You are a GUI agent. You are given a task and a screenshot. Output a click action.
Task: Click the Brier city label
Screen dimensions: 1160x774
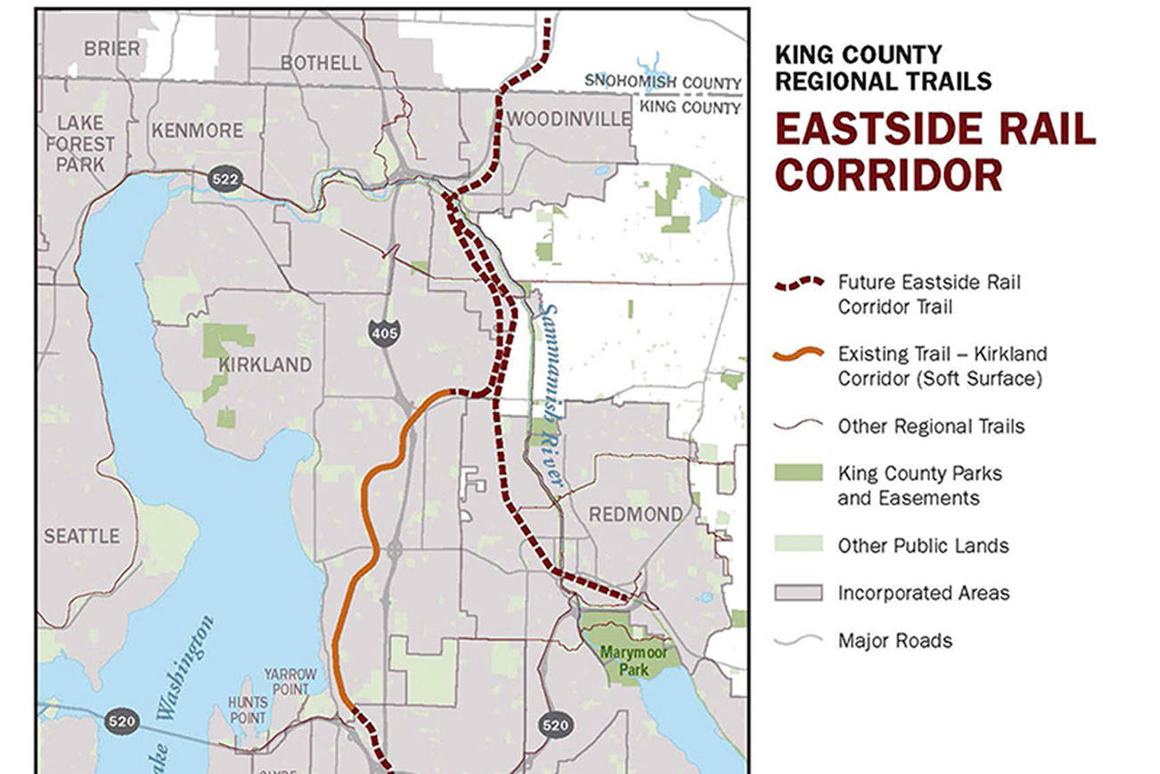coord(111,48)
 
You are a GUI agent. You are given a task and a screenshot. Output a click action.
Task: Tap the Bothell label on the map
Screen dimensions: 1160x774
coord(321,62)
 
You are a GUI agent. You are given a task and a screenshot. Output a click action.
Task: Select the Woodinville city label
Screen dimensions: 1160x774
coord(571,119)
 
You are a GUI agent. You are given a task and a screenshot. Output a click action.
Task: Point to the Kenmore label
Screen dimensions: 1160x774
coord(197,130)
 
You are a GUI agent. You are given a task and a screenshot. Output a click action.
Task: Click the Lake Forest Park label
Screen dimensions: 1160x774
coord(80,143)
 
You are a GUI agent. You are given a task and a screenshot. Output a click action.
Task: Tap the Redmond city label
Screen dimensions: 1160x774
coord(635,514)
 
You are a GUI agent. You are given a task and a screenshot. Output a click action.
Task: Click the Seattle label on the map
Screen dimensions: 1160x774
coord(81,536)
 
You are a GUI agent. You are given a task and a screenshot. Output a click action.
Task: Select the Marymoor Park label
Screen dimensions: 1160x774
coord(633,660)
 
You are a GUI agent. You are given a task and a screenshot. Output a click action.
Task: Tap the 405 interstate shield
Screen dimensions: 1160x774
coord(385,333)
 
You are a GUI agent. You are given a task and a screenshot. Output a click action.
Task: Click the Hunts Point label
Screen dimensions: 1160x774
coord(247,710)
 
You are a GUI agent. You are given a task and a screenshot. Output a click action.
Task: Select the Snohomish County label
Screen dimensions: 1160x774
coord(663,82)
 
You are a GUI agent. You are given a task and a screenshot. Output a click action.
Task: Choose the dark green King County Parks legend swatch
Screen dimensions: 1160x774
coord(798,473)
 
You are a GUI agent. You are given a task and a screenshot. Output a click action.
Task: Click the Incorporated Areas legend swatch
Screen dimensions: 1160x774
coord(798,593)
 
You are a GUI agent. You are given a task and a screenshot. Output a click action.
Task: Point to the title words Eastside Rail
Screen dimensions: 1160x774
coord(935,130)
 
